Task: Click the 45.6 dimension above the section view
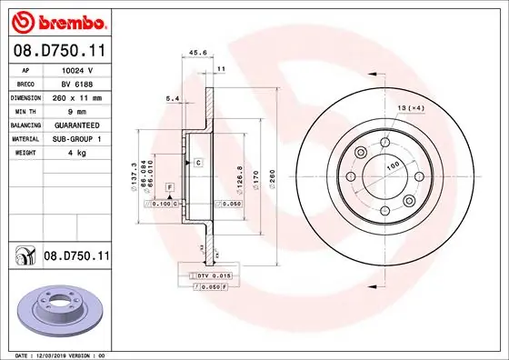pyautogui.click(x=197, y=53)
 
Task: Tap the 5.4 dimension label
pyautogui.click(x=171, y=98)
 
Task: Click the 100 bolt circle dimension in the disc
pyautogui.click(x=394, y=165)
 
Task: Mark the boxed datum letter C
pyautogui.click(x=197, y=162)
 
